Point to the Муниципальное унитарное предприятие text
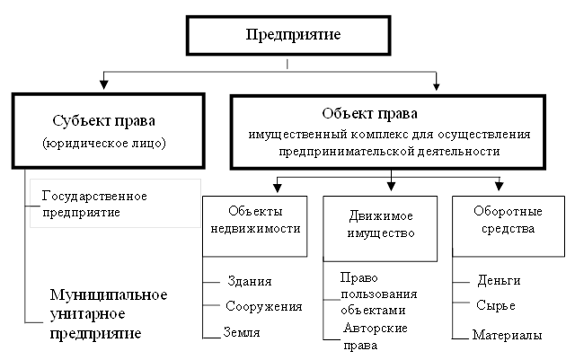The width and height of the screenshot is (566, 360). click(109, 314)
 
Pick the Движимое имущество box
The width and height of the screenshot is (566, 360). click(379, 224)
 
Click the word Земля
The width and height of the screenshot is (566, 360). click(243, 331)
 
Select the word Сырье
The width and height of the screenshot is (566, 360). click(496, 305)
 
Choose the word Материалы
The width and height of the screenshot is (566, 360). click(509, 336)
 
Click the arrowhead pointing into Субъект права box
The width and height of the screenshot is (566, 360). click(104, 87)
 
